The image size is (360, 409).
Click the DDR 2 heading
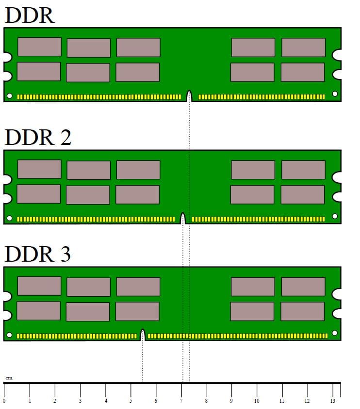(x=38, y=137)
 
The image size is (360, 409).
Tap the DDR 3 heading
(x=38, y=253)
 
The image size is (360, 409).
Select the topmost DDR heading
(x=30, y=16)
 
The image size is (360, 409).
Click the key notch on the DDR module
(x=189, y=96)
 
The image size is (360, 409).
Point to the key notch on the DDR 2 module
(x=183, y=219)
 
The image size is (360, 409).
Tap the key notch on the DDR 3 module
(x=143, y=335)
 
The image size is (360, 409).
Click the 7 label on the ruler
(x=181, y=401)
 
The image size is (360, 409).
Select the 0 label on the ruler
(x=4, y=401)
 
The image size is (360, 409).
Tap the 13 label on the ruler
(x=332, y=401)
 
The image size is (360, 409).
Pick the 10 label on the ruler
(x=257, y=401)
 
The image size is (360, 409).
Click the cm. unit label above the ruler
(x=9, y=378)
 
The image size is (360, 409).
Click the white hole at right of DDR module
(x=335, y=94)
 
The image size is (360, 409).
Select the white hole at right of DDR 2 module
(x=335, y=216)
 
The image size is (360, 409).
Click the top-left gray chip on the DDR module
(x=39, y=47)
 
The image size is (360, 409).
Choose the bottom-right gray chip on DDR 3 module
(x=302, y=311)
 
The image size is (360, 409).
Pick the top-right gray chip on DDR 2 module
(x=303, y=170)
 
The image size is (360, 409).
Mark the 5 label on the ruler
(x=131, y=401)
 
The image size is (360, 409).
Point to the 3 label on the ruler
(x=80, y=401)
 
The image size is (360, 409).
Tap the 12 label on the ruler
(x=307, y=401)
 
